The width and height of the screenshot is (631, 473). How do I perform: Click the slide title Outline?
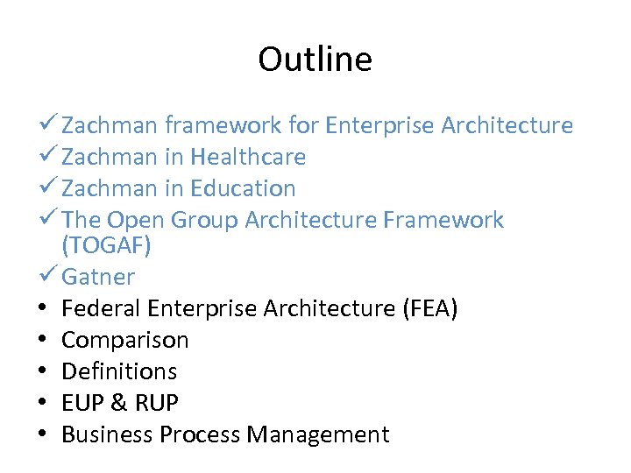click(315, 60)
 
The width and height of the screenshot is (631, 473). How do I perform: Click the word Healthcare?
click(248, 158)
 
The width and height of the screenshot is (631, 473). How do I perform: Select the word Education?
click(243, 188)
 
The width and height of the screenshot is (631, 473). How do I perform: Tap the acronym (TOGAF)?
click(107, 246)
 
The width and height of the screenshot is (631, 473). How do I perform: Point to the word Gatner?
click(98, 278)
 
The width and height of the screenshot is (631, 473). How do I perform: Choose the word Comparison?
click(125, 340)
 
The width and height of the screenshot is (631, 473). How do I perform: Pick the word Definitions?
click(119, 371)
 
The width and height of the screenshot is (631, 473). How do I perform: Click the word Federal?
click(102, 308)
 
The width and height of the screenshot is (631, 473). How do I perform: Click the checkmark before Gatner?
click(48, 277)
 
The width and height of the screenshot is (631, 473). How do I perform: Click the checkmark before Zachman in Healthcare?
click(48, 157)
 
